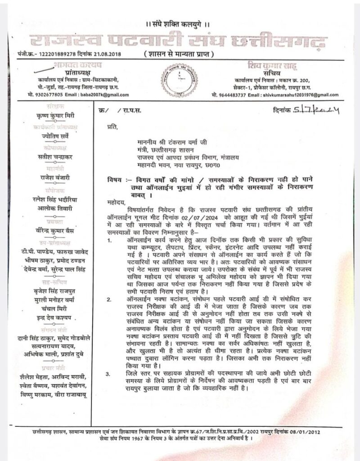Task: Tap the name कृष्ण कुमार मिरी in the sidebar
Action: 49,115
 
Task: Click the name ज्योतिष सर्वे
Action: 49,135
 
